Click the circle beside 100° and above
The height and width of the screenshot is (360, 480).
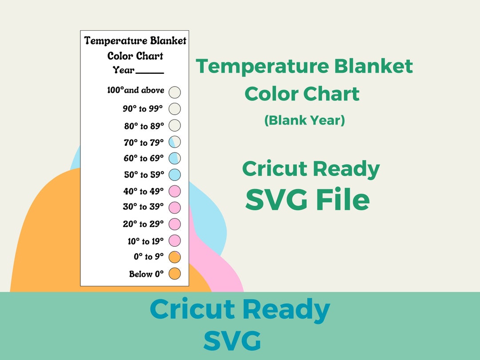[x=175, y=92]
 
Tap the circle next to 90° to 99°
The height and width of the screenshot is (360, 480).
[x=175, y=109]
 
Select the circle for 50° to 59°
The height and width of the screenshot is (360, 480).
[x=175, y=175]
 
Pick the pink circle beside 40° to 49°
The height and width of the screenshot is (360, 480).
[x=175, y=191]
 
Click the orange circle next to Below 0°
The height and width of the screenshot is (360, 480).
[x=175, y=274]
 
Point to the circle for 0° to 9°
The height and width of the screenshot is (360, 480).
[x=175, y=257]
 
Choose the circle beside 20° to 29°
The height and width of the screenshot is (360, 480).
[x=175, y=224]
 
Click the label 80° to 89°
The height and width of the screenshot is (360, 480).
[x=144, y=126]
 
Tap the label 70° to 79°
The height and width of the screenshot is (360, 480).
[x=144, y=143]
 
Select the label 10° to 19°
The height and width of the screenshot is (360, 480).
[x=145, y=241]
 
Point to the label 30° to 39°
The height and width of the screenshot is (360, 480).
[x=143, y=207]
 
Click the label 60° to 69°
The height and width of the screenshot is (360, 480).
[x=144, y=158]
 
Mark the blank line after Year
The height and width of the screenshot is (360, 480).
[x=150, y=72]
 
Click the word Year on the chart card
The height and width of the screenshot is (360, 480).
[x=124, y=70]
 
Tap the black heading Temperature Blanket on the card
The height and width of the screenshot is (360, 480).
[x=135, y=41]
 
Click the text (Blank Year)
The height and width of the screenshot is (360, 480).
[x=304, y=120]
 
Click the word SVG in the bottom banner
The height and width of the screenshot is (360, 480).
[x=232, y=341]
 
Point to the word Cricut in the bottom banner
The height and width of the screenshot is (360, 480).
[x=194, y=310]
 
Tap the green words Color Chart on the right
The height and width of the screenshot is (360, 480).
[x=302, y=94]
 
